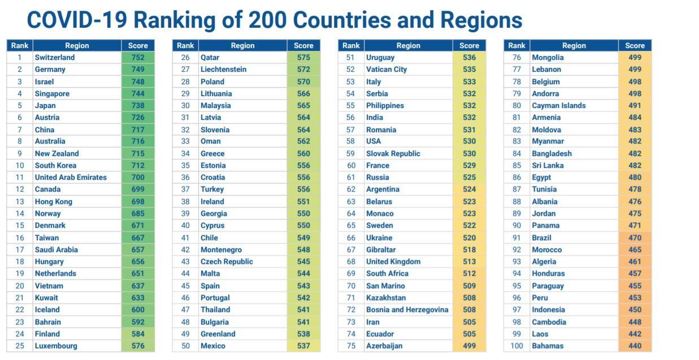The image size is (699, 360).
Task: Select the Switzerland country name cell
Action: click(x=55, y=57)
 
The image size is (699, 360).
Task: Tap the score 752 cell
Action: click(x=138, y=57)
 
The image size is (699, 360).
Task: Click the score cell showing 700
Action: click(x=138, y=177)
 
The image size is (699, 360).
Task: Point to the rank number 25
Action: click(x=20, y=346)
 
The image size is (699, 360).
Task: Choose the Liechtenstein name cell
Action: click(x=223, y=70)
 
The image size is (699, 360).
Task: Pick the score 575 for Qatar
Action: click(x=303, y=57)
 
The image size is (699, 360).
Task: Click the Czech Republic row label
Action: click(x=227, y=262)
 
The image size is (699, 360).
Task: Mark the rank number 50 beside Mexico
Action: click(x=185, y=346)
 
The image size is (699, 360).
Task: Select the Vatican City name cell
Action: click(x=387, y=70)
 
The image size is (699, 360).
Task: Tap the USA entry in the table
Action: click(x=374, y=141)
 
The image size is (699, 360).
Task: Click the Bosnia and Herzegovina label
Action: click(x=407, y=310)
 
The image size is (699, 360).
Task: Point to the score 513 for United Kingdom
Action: click(x=469, y=262)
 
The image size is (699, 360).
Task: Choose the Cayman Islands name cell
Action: click(x=558, y=106)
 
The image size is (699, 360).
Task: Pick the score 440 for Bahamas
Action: click(x=635, y=346)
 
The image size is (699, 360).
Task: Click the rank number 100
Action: click(x=516, y=346)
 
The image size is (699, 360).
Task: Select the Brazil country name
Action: click(x=541, y=238)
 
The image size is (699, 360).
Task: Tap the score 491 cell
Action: click(x=635, y=106)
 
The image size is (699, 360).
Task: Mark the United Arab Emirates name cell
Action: click(x=71, y=177)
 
